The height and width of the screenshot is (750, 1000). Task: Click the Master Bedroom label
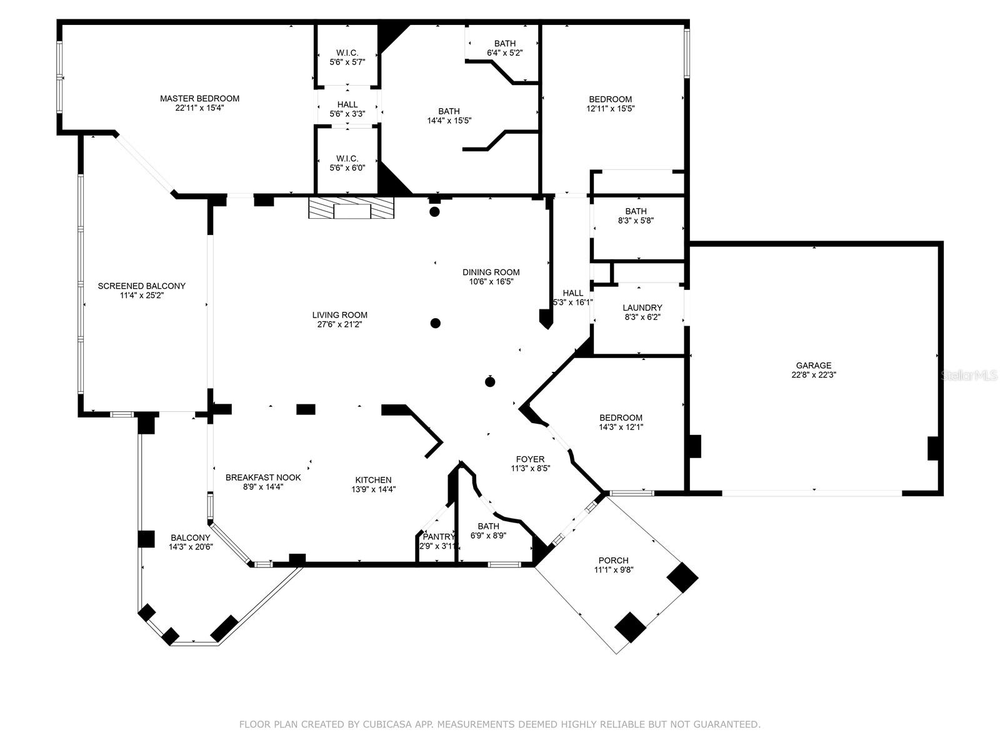[199, 99]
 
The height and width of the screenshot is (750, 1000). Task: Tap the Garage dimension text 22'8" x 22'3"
[813, 376]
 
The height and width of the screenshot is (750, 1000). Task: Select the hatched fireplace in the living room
[351, 208]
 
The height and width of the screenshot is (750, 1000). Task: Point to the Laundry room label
[642, 308]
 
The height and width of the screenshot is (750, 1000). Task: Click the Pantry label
[438, 537]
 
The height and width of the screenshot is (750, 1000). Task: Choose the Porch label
[613, 561]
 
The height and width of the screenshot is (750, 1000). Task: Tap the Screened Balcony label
[141, 286]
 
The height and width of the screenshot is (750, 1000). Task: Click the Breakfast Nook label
[263, 477]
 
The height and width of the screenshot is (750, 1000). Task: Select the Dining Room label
[491, 272]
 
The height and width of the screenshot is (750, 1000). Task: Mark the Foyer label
[530, 459]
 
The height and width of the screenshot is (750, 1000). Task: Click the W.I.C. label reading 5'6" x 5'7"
[347, 53]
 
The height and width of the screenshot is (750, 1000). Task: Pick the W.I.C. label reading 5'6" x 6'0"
[347, 158]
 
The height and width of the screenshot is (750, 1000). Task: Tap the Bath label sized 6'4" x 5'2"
[504, 44]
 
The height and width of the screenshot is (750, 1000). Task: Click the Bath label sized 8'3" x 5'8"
[636, 211]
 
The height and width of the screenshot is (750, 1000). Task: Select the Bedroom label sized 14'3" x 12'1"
[621, 418]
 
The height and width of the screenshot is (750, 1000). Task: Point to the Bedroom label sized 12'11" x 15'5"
[610, 99]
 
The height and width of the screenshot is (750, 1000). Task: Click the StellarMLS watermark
[969, 376]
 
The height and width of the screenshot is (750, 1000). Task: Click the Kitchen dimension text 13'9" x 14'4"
[373, 489]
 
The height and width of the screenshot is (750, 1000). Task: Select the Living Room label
[340, 315]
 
